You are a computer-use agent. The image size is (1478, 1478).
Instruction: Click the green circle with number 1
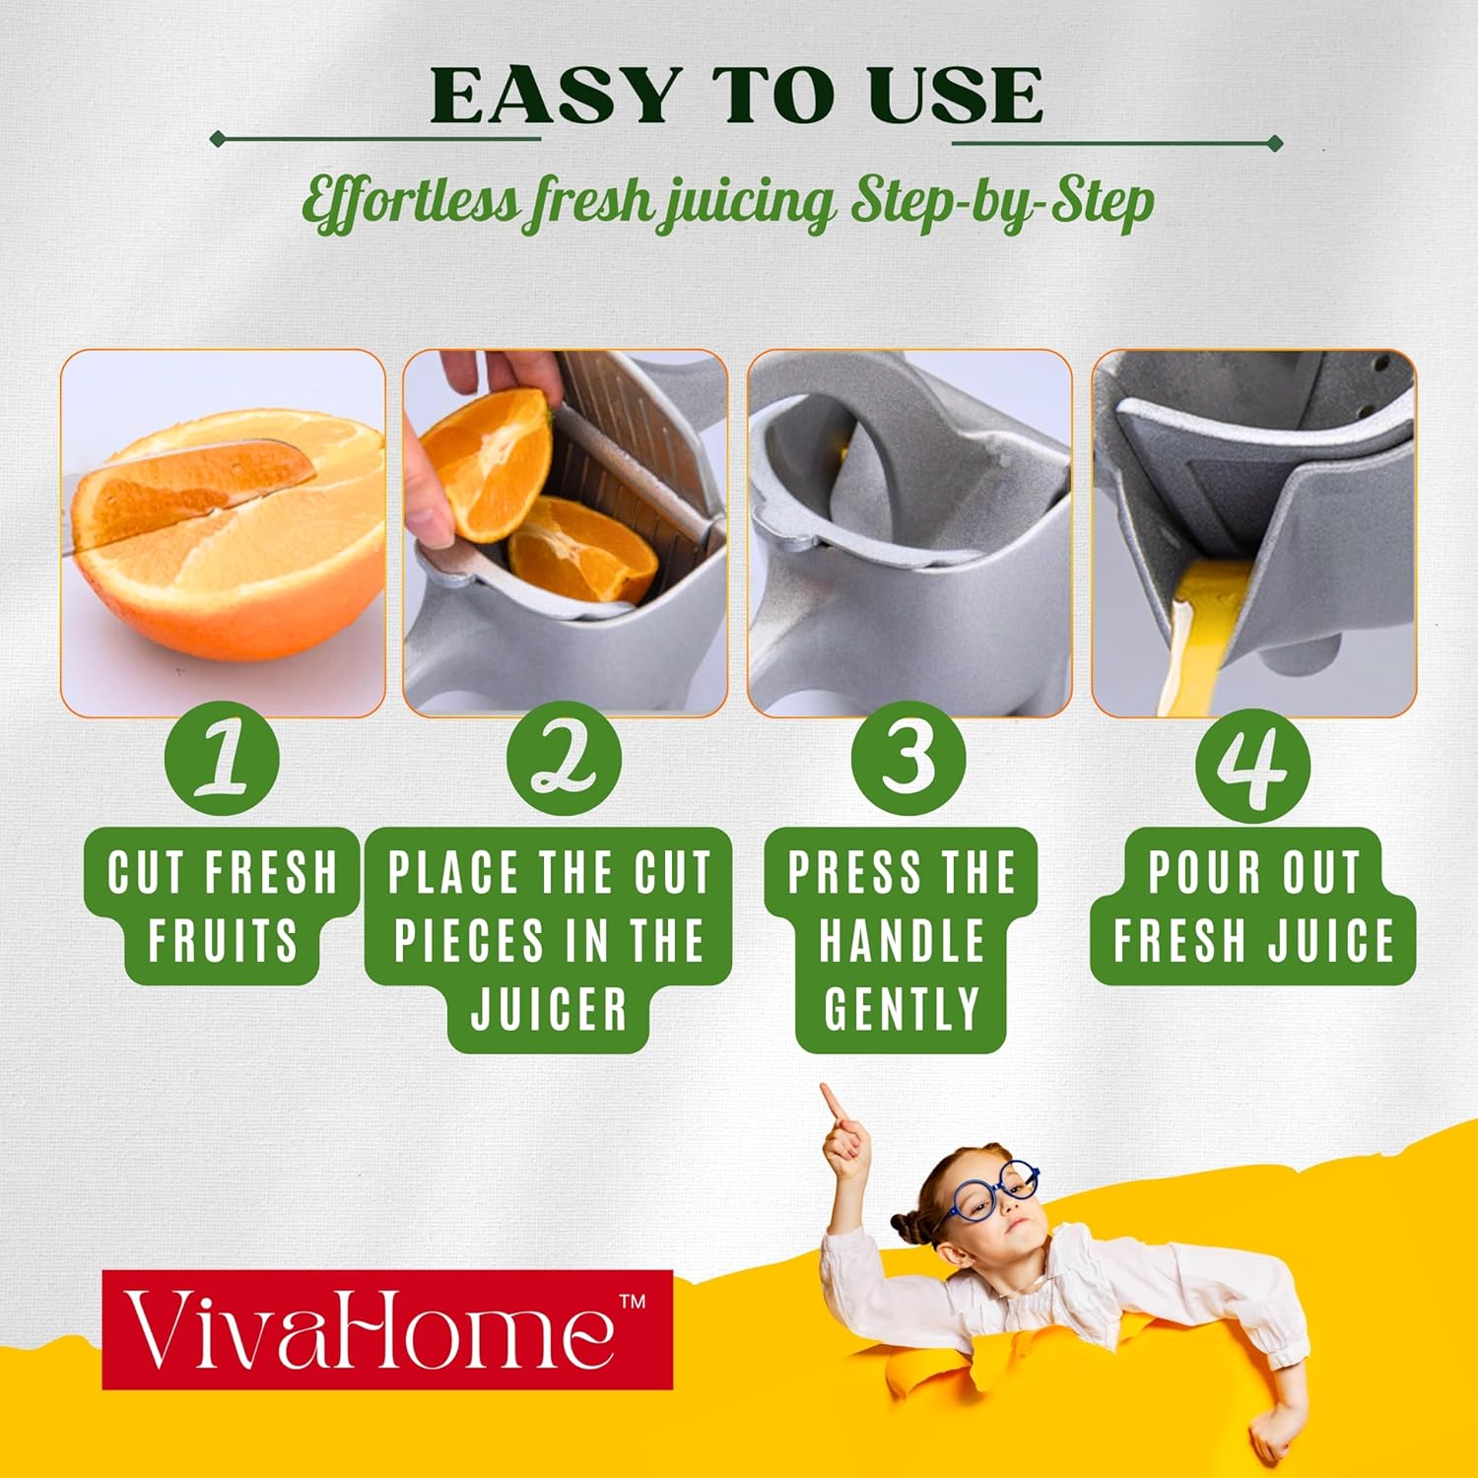222,759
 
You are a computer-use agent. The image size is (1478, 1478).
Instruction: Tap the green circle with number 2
564,759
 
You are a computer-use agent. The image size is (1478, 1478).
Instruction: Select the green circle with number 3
908,759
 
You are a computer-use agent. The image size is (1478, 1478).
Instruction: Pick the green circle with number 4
1252,764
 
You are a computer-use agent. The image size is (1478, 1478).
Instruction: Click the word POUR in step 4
1203,872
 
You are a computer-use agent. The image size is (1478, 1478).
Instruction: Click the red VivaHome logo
387,1329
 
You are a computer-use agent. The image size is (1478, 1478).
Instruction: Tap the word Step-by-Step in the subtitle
1002,201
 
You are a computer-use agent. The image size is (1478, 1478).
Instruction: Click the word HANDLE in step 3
902,940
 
